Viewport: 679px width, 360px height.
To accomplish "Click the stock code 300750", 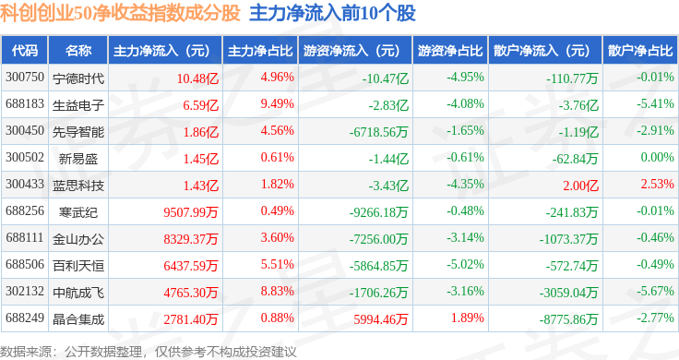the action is [x=25, y=78].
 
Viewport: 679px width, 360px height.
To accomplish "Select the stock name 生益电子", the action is [x=78, y=105].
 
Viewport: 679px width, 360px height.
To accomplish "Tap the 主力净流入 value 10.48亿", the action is [x=197, y=78].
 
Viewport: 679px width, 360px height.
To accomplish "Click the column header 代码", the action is [x=25, y=51].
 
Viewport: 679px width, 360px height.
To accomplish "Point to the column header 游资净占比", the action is [x=450, y=51].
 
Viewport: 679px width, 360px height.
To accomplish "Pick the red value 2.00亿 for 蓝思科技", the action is [x=580, y=186].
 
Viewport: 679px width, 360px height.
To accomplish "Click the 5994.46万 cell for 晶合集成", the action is [x=381, y=319].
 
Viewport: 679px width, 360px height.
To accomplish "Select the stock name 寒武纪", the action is [x=78, y=212].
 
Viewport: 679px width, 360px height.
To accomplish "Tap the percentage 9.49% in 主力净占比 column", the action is [x=277, y=104].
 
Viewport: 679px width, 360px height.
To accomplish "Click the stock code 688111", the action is [x=25, y=238].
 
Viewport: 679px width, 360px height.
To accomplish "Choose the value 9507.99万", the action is [x=191, y=212].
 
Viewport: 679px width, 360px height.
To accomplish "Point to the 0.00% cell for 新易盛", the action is [x=658, y=157].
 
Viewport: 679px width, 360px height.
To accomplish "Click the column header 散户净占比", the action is [x=640, y=51].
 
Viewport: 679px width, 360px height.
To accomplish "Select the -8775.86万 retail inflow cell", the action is [x=568, y=319].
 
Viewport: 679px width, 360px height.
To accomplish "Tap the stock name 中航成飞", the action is [x=78, y=293].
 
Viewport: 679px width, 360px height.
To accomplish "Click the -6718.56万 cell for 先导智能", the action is [x=379, y=132].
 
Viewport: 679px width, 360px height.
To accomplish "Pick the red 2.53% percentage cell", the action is [x=658, y=184].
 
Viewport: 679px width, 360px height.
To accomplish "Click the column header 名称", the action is [x=78, y=51].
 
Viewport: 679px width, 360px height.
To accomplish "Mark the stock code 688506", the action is [x=25, y=264].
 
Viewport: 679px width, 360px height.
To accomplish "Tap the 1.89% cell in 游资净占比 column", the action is [x=467, y=318].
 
